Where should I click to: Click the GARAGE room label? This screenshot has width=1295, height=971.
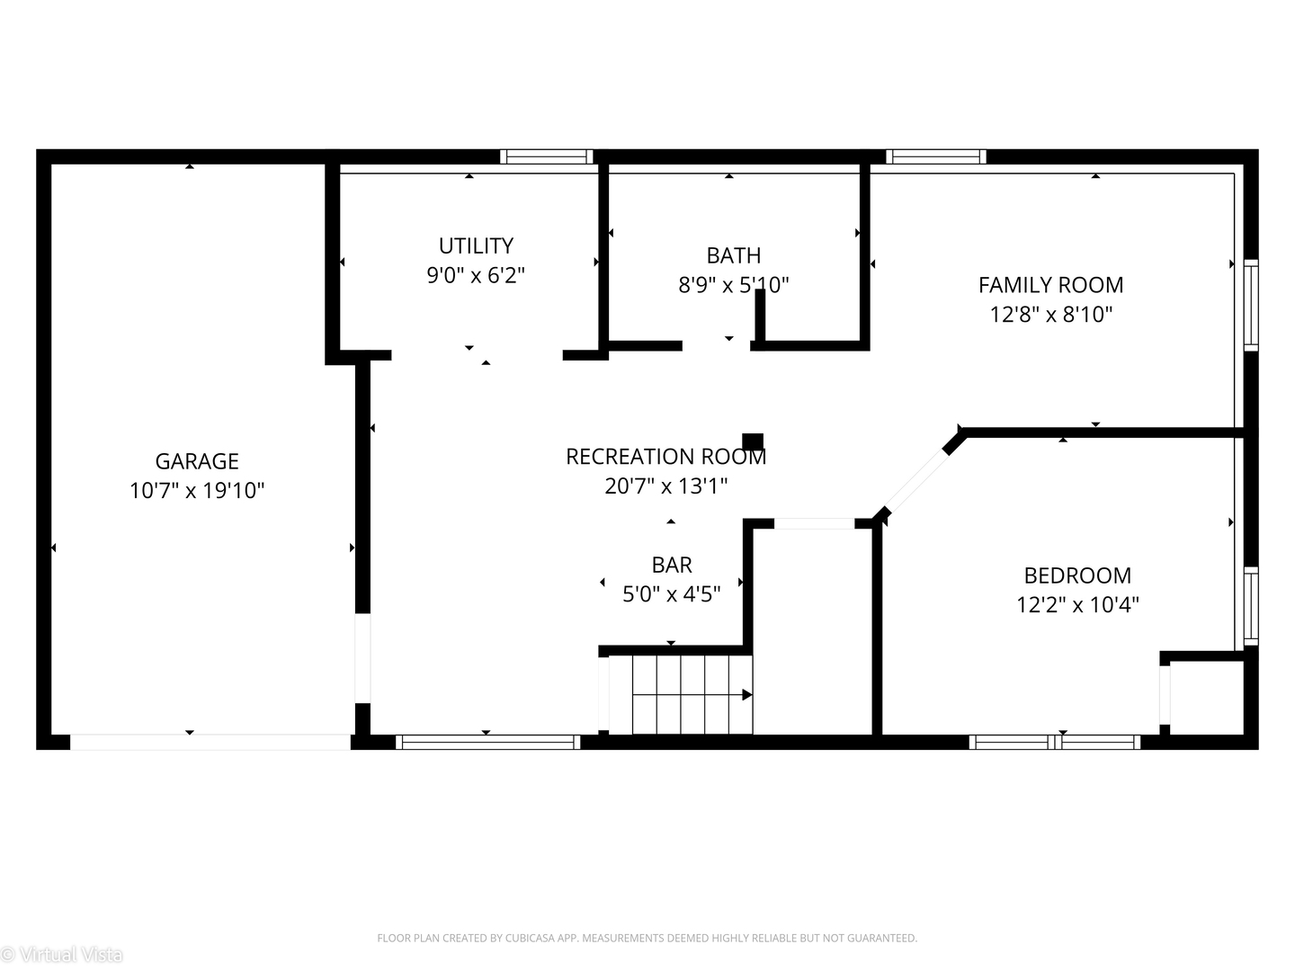(196, 461)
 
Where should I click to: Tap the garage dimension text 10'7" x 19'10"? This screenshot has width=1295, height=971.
(196, 491)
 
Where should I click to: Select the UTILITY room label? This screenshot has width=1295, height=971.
(476, 245)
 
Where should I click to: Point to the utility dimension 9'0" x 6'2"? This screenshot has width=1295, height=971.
(476, 275)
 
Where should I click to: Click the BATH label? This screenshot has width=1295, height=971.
(733, 256)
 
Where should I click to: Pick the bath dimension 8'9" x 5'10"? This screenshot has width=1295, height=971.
(733, 285)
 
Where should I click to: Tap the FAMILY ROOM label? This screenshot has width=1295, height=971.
(1050, 285)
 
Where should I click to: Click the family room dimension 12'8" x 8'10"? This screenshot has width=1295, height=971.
(1050, 315)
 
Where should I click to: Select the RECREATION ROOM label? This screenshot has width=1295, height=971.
(666, 457)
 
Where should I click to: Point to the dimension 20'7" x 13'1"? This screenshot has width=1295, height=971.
(666, 486)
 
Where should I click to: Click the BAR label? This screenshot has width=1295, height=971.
(672, 566)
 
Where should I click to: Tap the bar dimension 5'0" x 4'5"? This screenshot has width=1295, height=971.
(672, 594)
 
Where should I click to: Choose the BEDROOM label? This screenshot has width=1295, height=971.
(1077, 575)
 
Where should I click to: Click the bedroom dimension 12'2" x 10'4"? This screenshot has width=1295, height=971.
(1077, 605)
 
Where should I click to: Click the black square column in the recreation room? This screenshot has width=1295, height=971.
(752, 441)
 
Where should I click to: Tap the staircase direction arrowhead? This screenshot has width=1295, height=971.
(747, 695)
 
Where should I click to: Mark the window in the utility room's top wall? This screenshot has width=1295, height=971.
(546, 156)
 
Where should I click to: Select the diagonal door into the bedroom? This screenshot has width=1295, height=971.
(917, 481)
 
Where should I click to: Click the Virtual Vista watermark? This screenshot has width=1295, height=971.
(62, 954)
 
